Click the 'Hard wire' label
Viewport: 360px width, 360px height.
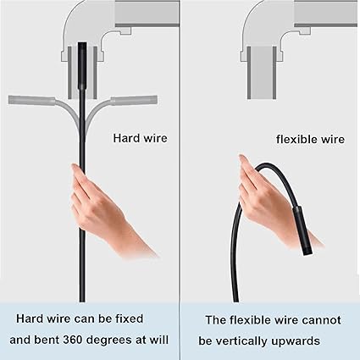coord(140,138)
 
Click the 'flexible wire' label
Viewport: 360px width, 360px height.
coord(310,139)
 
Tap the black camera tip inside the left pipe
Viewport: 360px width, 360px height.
coord(82,64)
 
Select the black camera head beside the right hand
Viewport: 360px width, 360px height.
coord(302,230)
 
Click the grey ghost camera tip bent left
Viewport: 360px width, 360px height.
coord(31,101)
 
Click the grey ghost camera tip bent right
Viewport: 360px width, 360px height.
coord(134,101)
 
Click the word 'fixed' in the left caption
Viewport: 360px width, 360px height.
coord(130,318)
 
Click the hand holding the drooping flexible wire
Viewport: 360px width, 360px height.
coord(271,197)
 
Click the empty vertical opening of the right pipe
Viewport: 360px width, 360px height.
coord(262,73)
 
